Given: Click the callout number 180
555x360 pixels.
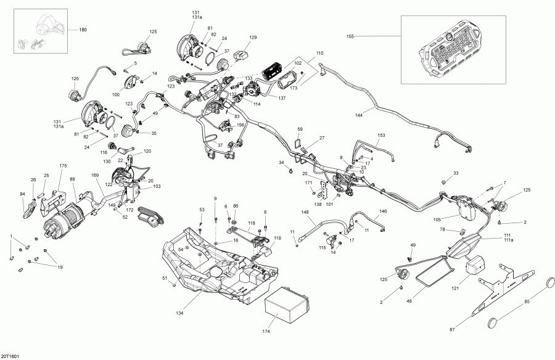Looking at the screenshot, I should (x=82, y=30).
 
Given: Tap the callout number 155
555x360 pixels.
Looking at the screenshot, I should (x=351, y=37).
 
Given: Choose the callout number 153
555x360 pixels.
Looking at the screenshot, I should (x=381, y=135).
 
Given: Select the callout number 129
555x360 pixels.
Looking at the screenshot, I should (x=253, y=38).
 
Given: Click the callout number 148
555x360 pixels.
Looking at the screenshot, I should (x=305, y=212).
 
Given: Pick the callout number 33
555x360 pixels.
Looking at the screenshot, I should (x=456, y=173).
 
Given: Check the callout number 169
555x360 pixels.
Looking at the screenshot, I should (x=96, y=176).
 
